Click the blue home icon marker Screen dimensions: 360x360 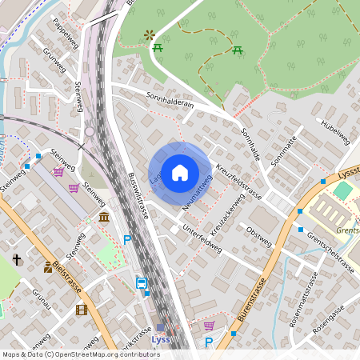180,172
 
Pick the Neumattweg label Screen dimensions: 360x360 196,194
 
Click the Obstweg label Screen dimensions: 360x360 259,235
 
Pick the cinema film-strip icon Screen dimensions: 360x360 80,310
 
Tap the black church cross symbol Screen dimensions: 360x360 17,259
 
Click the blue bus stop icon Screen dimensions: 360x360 142,283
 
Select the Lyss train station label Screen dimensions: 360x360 161,338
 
